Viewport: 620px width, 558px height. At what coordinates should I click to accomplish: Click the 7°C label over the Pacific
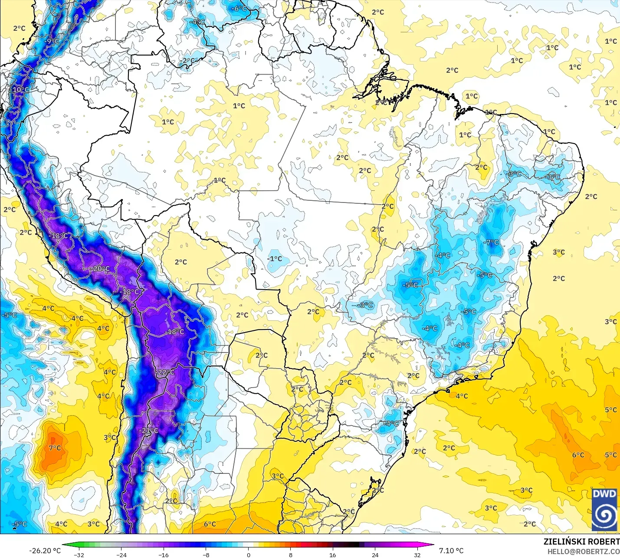(x=55, y=448)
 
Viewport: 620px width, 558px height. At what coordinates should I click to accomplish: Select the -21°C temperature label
(x=150, y=431)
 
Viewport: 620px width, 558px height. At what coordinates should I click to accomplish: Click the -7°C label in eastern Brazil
(x=492, y=242)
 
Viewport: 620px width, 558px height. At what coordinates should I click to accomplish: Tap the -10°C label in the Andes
(x=20, y=90)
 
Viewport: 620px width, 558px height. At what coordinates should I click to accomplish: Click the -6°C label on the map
(x=239, y=9)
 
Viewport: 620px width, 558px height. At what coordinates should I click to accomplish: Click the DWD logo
(x=604, y=509)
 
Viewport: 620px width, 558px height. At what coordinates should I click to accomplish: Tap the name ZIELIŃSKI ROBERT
(x=581, y=542)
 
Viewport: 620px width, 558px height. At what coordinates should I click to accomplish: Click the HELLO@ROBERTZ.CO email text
(x=583, y=551)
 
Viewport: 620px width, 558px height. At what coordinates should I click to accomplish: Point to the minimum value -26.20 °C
(x=45, y=551)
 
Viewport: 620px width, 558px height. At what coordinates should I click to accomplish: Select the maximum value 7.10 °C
(x=451, y=551)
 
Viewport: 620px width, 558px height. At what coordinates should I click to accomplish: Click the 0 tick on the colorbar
(x=248, y=555)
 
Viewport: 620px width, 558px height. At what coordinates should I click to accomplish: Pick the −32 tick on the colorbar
(x=79, y=555)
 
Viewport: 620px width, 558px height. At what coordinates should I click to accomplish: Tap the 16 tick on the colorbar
(x=332, y=555)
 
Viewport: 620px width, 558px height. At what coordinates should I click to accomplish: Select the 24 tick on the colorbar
(x=375, y=555)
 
